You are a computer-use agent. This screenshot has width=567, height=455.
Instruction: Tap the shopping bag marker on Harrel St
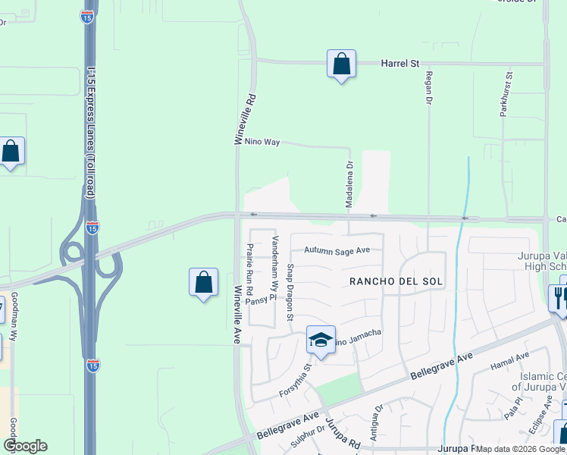pyautogui.click(x=341, y=64)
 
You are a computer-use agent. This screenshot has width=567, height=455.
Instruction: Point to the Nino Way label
pyautogui.click(x=257, y=142)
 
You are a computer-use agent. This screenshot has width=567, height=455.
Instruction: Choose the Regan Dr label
pyautogui.click(x=429, y=89)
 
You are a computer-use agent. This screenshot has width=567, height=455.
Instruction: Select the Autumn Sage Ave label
pyautogui.click(x=337, y=249)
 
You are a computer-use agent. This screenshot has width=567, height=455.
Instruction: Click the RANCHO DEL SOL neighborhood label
pyautogui.click(x=396, y=281)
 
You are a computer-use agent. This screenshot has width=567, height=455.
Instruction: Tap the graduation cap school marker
pyautogui.click(x=321, y=340)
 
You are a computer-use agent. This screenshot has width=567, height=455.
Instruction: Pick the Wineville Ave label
pyautogui.click(x=237, y=315)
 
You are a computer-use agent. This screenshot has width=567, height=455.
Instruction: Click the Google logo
pyautogui.click(x=25, y=446)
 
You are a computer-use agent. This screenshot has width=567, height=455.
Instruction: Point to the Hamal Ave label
pyautogui.click(x=512, y=357)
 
